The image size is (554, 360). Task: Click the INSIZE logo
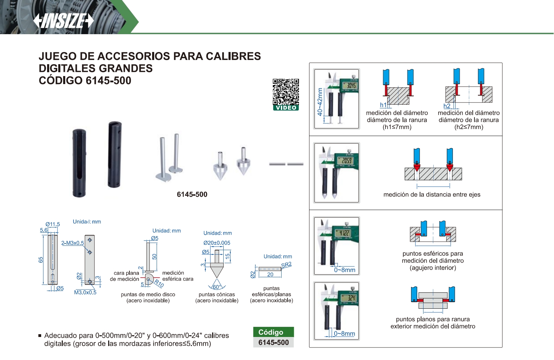[x=63, y=21]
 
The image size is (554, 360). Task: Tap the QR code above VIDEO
[x=286, y=92]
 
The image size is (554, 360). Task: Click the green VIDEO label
[x=286, y=108]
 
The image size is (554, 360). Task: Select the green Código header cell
[x=273, y=332]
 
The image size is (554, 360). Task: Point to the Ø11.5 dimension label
[x=53, y=224]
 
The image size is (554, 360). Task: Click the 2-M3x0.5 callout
[x=73, y=243]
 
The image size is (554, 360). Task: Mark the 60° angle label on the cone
[x=216, y=287]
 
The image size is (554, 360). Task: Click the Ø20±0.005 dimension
[x=217, y=243]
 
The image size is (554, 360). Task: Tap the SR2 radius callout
[x=286, y=265]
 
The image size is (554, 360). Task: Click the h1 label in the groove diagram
[x=383, y=105]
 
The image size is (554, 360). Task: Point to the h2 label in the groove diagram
[x=447, y=106]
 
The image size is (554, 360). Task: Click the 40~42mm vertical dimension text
[x=320, y=102]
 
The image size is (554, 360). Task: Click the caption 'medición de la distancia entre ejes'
[x=432, y=195]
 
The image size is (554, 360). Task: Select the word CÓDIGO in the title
[x=60, y=80]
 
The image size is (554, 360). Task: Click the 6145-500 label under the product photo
[x=192, y=194]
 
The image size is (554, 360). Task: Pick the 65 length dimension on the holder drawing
[x=41, y=260]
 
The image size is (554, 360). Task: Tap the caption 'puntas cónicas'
[x=217, y=294]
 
